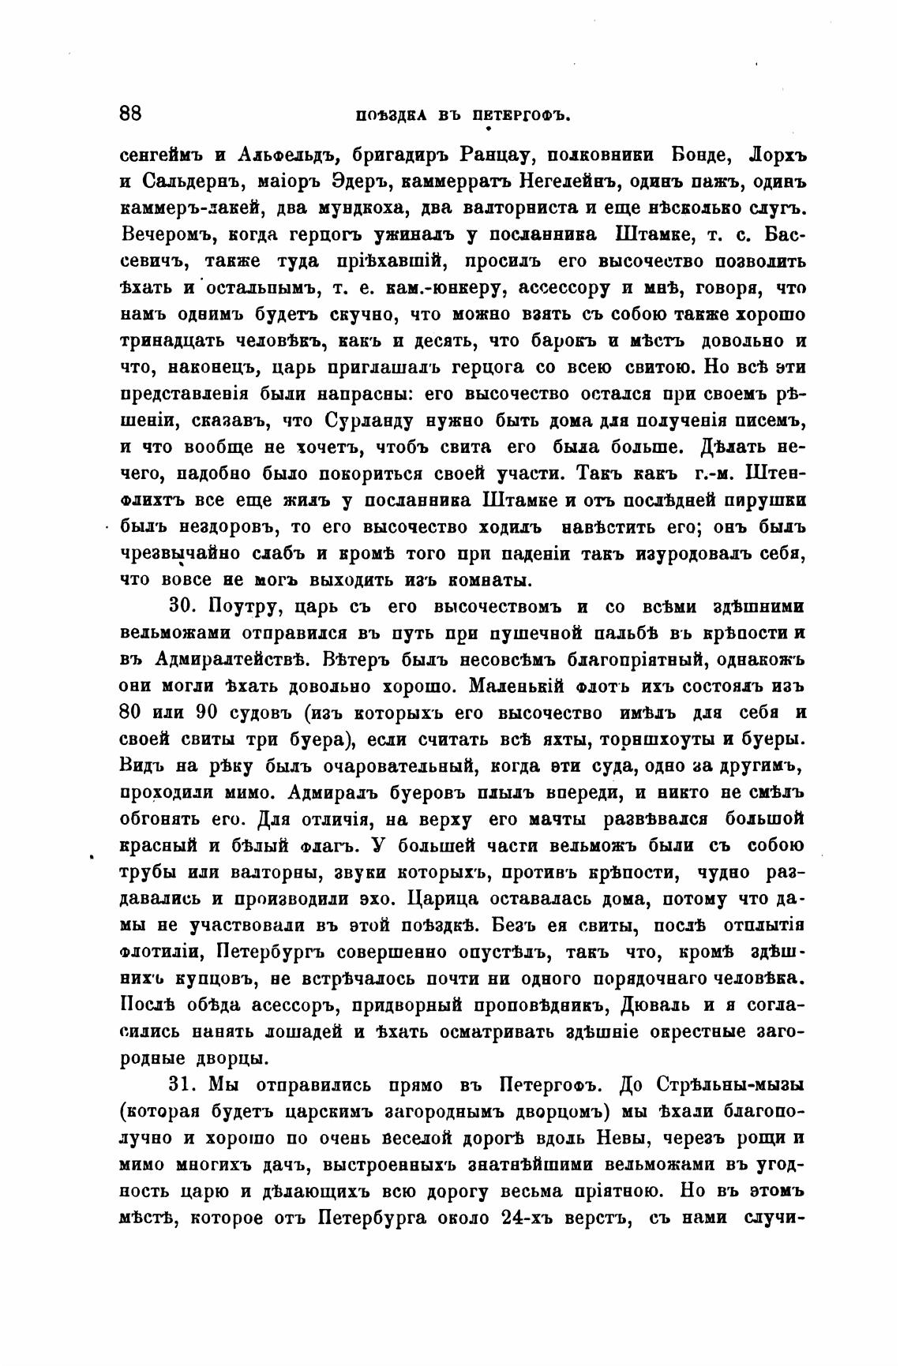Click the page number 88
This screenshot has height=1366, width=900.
point(130,113)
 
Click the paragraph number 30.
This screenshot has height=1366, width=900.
point(182,607)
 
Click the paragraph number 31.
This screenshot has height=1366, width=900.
point(182,1085)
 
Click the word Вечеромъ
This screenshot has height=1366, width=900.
point(168,234)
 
